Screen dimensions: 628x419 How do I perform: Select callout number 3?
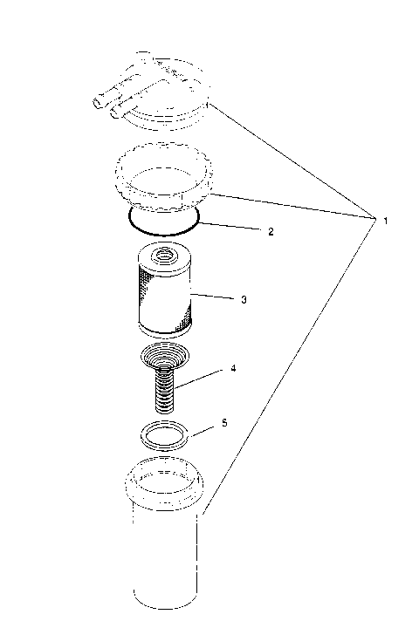tap(244, 299)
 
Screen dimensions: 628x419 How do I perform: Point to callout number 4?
tap(232, 369)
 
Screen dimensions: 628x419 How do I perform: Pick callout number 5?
tap(224, 423)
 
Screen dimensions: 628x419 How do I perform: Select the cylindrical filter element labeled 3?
tap(165, 301)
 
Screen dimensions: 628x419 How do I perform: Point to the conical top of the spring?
tap(163, 358)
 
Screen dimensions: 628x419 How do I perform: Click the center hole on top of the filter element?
tap(163, 256)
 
